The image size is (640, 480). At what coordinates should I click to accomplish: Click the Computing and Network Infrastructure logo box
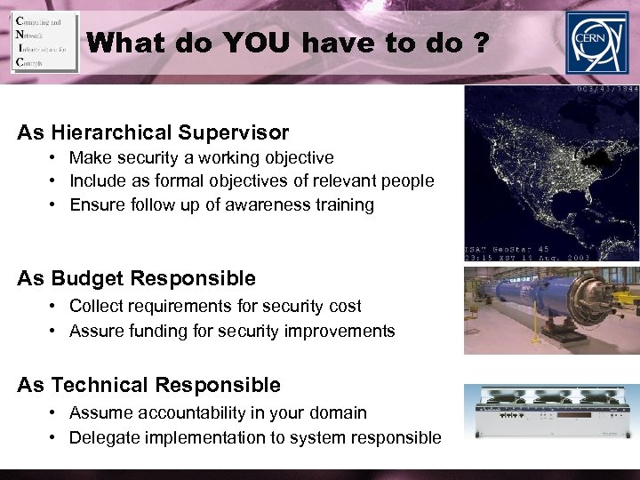(x=44, y=42)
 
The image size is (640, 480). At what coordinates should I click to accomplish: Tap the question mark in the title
(x=479, y=43)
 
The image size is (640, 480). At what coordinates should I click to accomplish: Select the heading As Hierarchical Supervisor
(x=153, y=133)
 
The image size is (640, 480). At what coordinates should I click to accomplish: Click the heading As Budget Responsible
(x=136, y=278)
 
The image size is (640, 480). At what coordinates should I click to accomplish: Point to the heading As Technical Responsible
(x=148, y=385)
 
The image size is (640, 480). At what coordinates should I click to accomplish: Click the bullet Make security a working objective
(x=201, y=158)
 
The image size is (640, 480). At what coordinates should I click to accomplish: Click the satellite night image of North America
(x=551, y=169)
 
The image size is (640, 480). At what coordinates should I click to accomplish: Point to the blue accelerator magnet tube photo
(x=551, y=309)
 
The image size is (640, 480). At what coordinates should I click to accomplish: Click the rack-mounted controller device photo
(x=551, y=411)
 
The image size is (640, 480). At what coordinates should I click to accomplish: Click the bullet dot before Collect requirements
(x=54, y=307)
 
